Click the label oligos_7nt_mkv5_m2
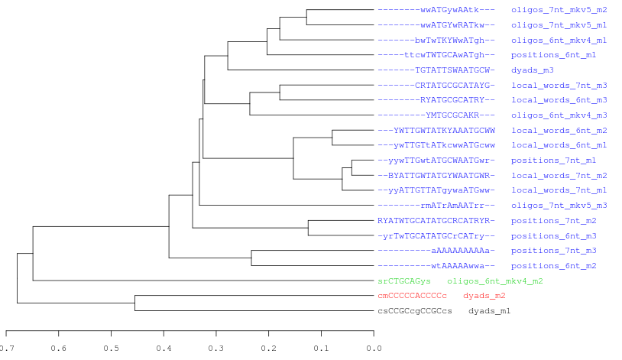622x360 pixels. click(x=559, y=10)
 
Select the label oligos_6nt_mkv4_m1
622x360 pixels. click(x=559, y=40)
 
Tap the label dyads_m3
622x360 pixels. click(x=532, y=70)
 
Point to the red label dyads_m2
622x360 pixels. click(x=484, y=295)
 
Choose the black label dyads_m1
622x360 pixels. click(x=489, y=310)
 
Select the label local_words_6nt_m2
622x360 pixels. click(x=559, y=130)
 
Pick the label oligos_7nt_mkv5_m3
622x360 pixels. click(x=559, y=205)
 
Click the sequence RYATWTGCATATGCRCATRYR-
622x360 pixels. click(x=436, y=220)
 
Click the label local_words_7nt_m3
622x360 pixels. click(x=559, y=85)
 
